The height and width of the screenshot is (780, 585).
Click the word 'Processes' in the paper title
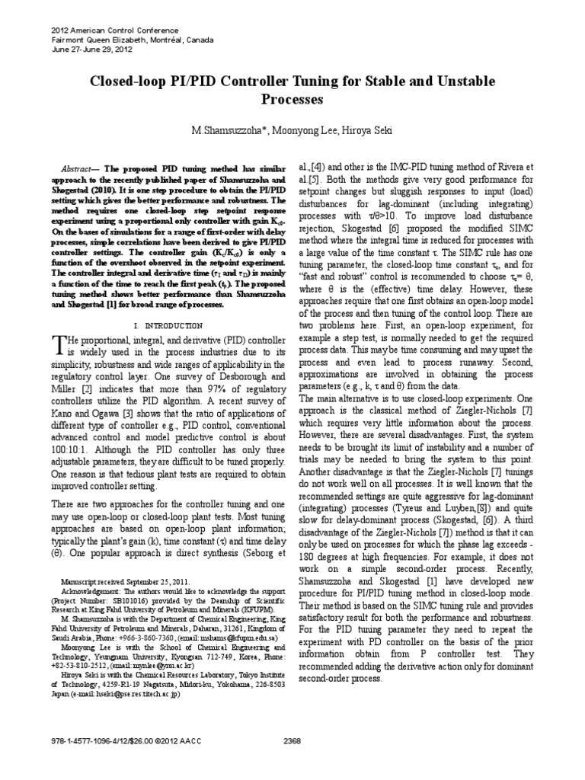click(x=292, y=99)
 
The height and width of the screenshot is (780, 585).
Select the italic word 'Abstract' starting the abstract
click(x=78, y=165)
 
